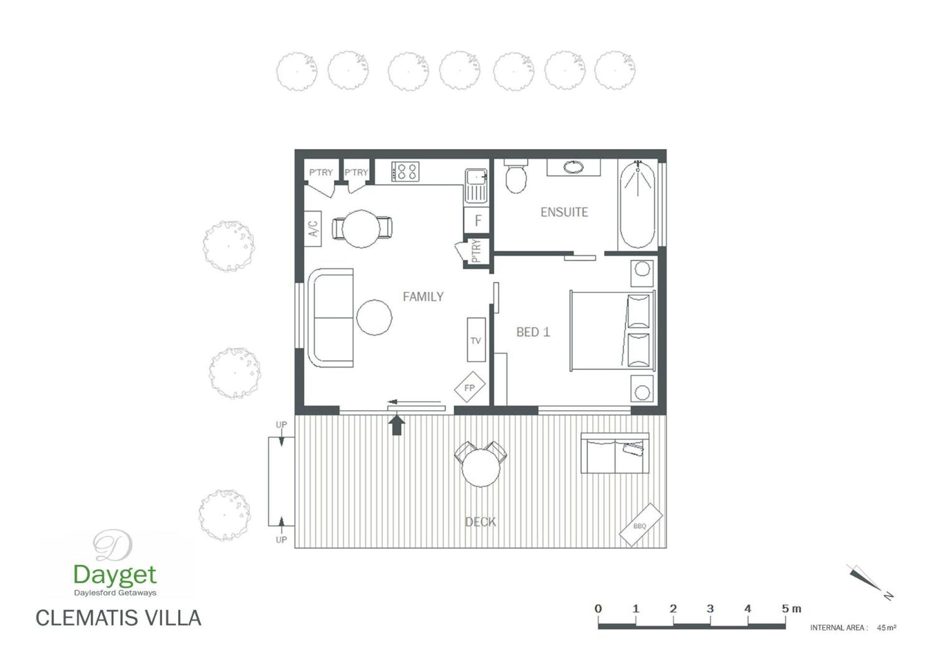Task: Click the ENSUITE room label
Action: [564, 212]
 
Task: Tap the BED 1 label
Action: [533, 332]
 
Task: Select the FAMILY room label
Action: [423, 297]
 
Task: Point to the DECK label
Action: [480, 522]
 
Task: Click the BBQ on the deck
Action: [640, 525]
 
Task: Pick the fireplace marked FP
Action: [469, 387]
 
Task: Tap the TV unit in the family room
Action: [476, 340]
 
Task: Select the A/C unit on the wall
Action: [313, 228]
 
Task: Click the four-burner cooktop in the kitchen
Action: [405, 171]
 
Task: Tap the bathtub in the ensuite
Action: [637, 205]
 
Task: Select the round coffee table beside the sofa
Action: [374, 317]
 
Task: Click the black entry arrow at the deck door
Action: [396, 425]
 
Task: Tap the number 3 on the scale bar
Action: [710, 608]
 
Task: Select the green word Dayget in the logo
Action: [115, 575]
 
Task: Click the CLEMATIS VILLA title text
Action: [118, 618]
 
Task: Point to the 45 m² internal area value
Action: [887, 628]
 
